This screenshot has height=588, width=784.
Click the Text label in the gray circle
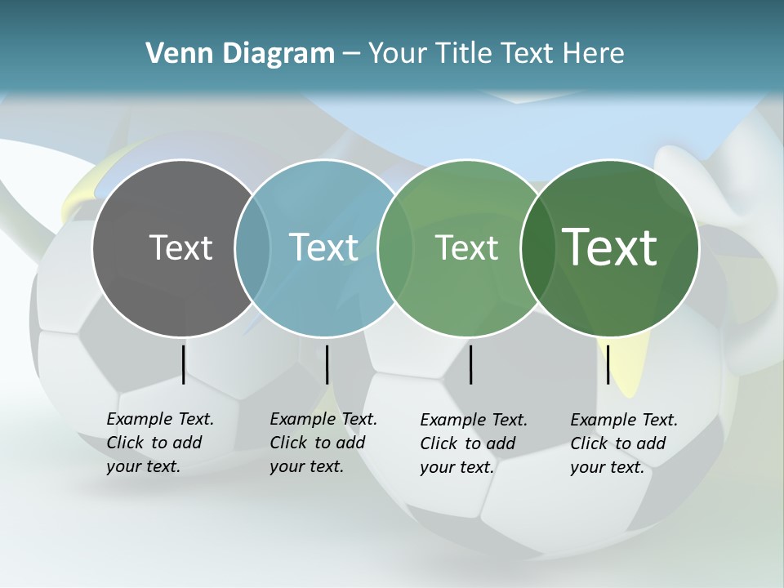180,247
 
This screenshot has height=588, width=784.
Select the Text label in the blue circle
324,247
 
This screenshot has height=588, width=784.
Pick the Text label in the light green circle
466,247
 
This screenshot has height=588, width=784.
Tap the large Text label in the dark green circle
610,247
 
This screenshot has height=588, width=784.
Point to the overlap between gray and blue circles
252,247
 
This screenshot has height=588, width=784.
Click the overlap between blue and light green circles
395,247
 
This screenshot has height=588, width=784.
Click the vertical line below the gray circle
184,364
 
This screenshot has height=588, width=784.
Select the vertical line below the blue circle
327,364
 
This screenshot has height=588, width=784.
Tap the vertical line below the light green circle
471,364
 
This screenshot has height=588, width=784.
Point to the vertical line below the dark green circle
608,364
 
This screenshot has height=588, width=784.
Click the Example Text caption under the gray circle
160,443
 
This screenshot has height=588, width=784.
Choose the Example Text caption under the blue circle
323,443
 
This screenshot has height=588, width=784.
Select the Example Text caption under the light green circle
474,443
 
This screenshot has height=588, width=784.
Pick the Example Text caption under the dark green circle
624,443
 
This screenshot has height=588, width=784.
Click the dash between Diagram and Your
350,54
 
